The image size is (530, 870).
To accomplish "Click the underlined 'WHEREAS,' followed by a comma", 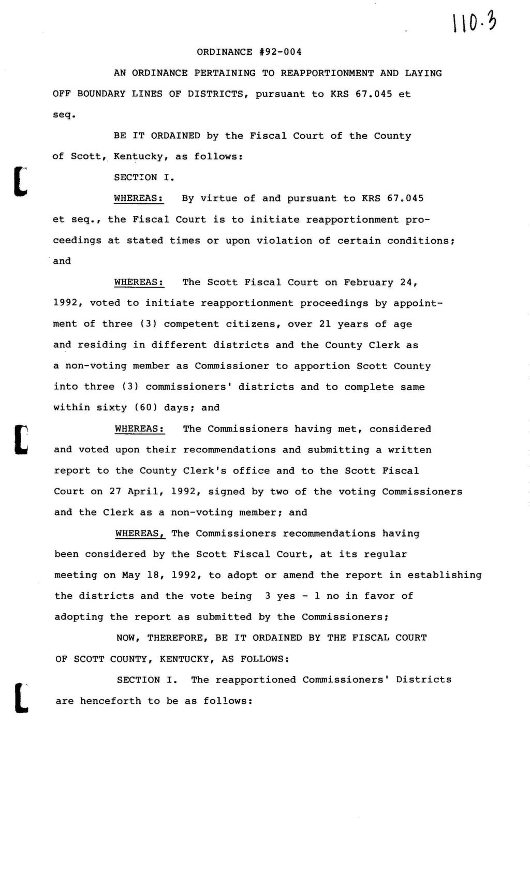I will [140, 534].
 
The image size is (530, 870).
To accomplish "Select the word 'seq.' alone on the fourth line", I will [64, 115].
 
